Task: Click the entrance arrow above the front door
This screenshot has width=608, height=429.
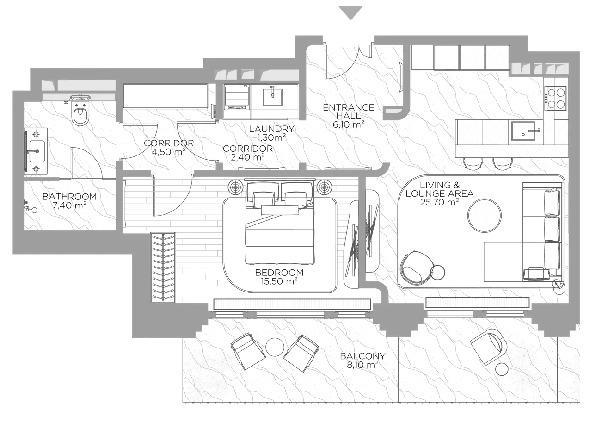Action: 351,12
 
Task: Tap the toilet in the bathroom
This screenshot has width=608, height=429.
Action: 80,113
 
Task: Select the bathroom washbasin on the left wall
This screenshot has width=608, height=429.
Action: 36,151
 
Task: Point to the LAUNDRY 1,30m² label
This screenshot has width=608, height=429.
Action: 271,133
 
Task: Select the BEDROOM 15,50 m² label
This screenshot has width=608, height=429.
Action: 279,277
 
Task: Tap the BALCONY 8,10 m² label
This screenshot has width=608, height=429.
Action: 362,361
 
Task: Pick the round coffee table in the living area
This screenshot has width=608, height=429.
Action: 484,215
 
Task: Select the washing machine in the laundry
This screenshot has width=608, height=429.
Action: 237,101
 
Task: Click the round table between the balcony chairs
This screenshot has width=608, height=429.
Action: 275,347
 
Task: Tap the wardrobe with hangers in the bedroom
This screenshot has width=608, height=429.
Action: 163,267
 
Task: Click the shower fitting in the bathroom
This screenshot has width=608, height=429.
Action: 31,209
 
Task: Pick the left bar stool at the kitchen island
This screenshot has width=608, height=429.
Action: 473,163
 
